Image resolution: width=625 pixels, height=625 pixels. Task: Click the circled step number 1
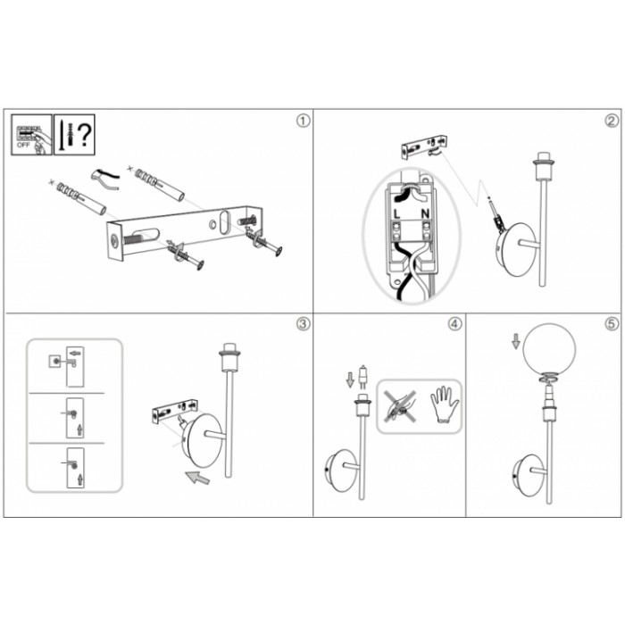303,121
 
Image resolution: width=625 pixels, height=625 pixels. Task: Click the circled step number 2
612,121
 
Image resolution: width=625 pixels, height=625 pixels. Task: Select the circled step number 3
303,324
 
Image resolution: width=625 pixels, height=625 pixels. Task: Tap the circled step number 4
454,324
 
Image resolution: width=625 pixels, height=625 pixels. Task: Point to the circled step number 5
612,324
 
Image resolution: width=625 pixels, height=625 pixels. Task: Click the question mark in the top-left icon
84,135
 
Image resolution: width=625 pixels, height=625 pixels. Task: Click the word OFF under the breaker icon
23,145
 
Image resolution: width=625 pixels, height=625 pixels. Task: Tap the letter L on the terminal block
396,214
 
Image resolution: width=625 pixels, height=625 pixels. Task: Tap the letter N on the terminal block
425,214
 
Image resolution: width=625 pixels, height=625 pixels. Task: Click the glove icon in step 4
445,404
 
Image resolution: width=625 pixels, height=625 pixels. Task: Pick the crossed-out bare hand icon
400,405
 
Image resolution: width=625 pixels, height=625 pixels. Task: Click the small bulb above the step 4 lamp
362,377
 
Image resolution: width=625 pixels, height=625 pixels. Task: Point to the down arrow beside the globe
516,342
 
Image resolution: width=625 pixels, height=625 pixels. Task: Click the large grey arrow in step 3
197,477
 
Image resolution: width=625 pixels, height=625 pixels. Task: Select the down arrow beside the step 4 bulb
350,379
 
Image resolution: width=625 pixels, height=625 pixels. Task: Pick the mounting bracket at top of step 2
424,147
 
